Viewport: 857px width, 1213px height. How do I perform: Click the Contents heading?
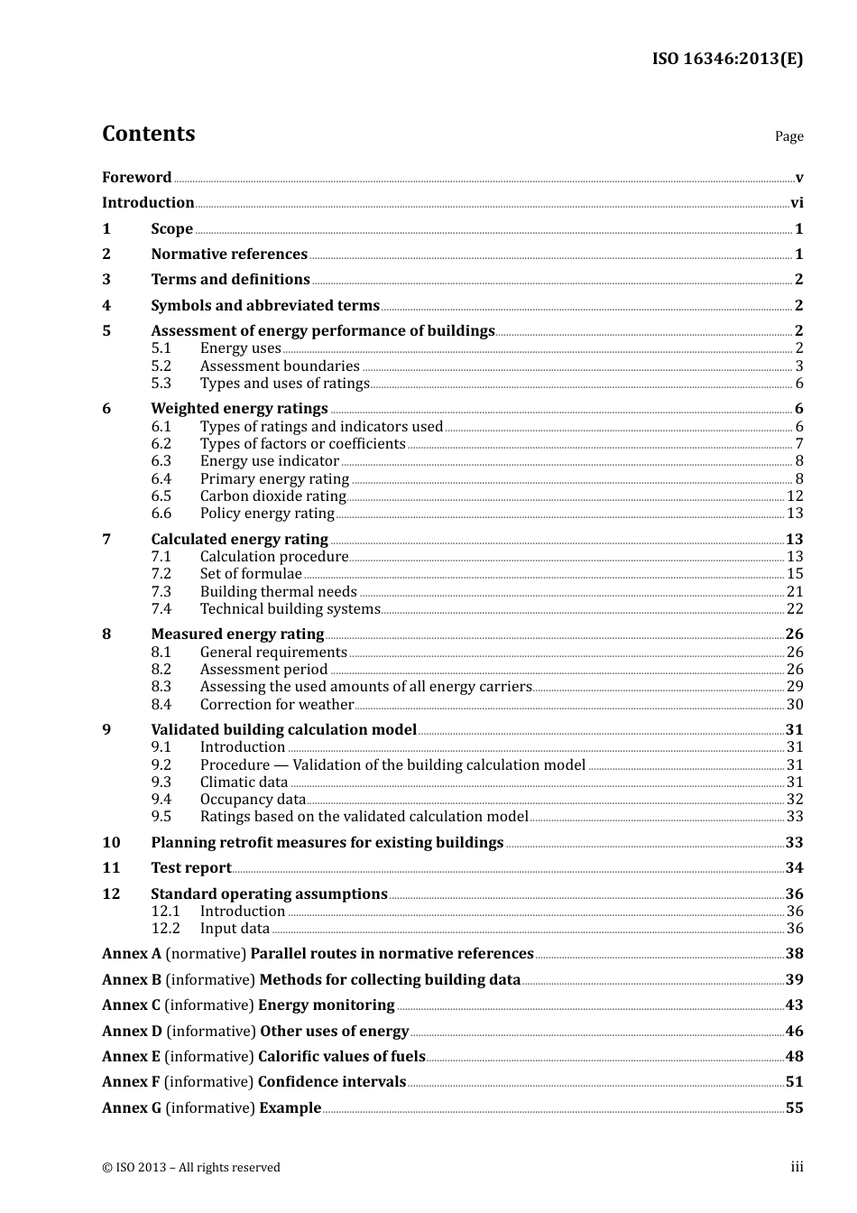(148, 134)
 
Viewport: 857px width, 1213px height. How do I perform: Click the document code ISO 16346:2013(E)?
(727, 59)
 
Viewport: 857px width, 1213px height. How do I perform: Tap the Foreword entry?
(136, 178)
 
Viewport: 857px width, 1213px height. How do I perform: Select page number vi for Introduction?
(797, 203)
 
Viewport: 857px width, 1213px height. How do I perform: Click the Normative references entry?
(229, 255)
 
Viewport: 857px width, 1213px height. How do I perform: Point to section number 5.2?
(161, 366)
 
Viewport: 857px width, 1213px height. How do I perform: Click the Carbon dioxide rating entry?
(272, 496)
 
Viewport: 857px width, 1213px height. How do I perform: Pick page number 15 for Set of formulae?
(794, 574)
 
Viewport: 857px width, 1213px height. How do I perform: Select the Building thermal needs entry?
(278, 592)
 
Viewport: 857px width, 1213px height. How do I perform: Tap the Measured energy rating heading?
(237, 634)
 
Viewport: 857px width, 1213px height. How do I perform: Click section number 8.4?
(161, 705)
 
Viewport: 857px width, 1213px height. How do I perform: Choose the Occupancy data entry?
(253, 800)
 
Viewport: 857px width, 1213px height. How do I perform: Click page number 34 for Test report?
(794, 868)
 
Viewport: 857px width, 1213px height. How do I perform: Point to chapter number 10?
(111, 843)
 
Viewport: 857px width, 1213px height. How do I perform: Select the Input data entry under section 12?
(235, 929)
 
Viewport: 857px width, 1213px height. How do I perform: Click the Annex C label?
(131, 1005)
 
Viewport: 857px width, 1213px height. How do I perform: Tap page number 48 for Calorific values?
(794, 1057)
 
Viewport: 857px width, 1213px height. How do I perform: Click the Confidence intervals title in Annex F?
(331, 1082)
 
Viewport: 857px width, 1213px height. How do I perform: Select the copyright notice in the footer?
(190, 1168)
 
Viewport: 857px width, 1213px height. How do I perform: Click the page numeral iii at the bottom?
(797, 1167)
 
